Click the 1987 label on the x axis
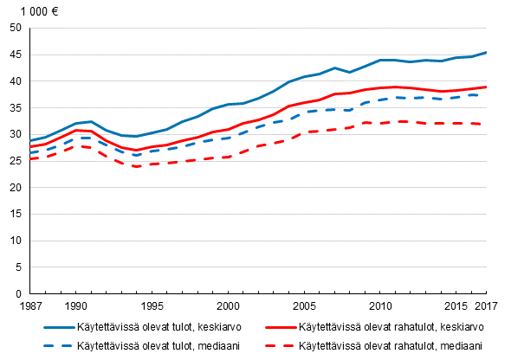click(x=30, y=306)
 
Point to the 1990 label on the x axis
click(x=76, y=306)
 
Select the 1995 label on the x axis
click(x=152, y=306)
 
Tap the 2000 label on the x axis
click(x=228, y=306)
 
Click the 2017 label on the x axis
click(x=487, y=306)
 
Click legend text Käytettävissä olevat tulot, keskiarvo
click(x=169, y=327)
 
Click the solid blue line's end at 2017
click(x=486, y=53)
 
